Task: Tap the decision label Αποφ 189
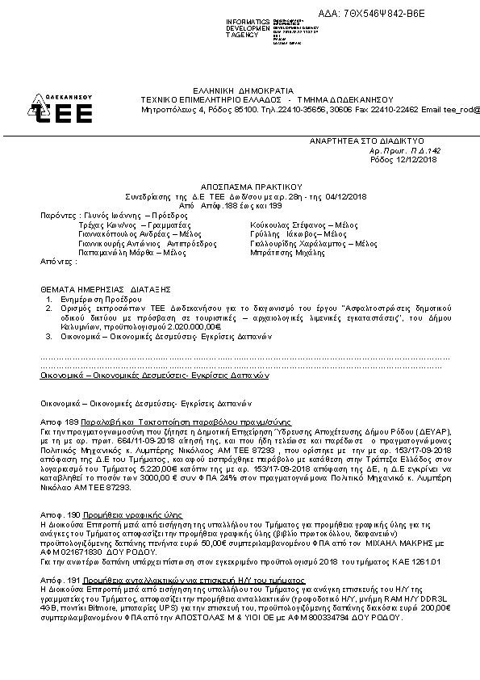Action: (58, 422)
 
